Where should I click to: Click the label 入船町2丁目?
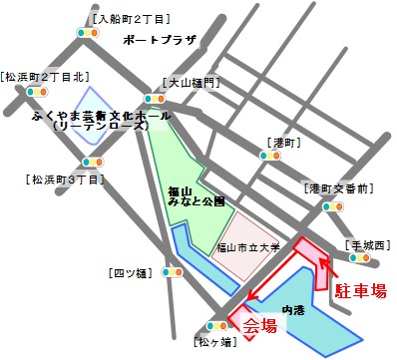point(128,18)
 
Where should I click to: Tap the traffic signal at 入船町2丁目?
point(90,33)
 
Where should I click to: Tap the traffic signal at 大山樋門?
point(155,99)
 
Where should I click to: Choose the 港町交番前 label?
point(338,188)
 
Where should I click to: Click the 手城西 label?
point(367,244)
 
